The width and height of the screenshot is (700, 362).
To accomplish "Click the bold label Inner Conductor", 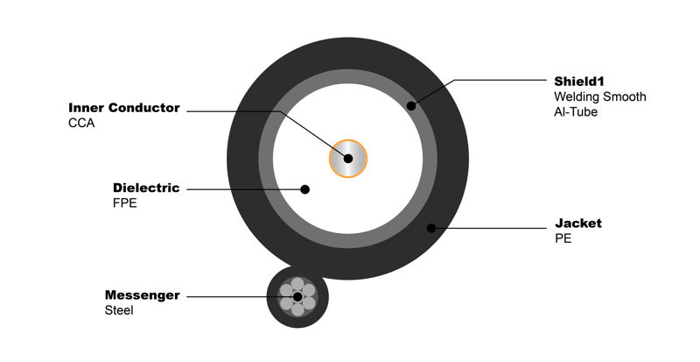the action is click(124, 108).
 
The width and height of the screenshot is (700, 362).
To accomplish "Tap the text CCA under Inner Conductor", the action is click(81, 123).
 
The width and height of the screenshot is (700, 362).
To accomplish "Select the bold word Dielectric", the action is click(146, 188).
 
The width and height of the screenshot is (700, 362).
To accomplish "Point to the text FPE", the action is click(125, 203).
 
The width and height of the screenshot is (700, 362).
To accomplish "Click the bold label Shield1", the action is click(579, 82).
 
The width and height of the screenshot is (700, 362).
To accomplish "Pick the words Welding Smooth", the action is click(600, 96).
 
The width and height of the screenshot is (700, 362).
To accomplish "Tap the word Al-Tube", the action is click(576, 112).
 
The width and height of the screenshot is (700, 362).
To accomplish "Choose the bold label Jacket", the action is click(578, 224).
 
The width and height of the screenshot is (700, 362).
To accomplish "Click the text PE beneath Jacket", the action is click(563, 238).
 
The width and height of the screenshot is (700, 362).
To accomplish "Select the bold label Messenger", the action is click(143, 295).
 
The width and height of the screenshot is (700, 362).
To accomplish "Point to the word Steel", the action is click(119, 310).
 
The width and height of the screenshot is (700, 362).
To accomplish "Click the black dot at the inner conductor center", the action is click(348, 159).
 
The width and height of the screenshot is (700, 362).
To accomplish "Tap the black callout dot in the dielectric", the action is click(304, 189).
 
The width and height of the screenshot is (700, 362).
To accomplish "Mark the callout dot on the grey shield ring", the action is click(411, 106).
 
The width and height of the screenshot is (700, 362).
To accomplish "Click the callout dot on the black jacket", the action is click(431, 228).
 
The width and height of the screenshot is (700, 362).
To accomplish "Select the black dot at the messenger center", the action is click(297, 296).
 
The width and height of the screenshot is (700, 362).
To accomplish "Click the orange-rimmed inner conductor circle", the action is click(348, 159).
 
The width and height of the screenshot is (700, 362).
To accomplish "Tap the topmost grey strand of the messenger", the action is click(297, 284).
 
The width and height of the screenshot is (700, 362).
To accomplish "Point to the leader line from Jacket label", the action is click(489, 228).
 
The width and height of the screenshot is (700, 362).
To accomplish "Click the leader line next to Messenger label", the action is click(242, 296).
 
